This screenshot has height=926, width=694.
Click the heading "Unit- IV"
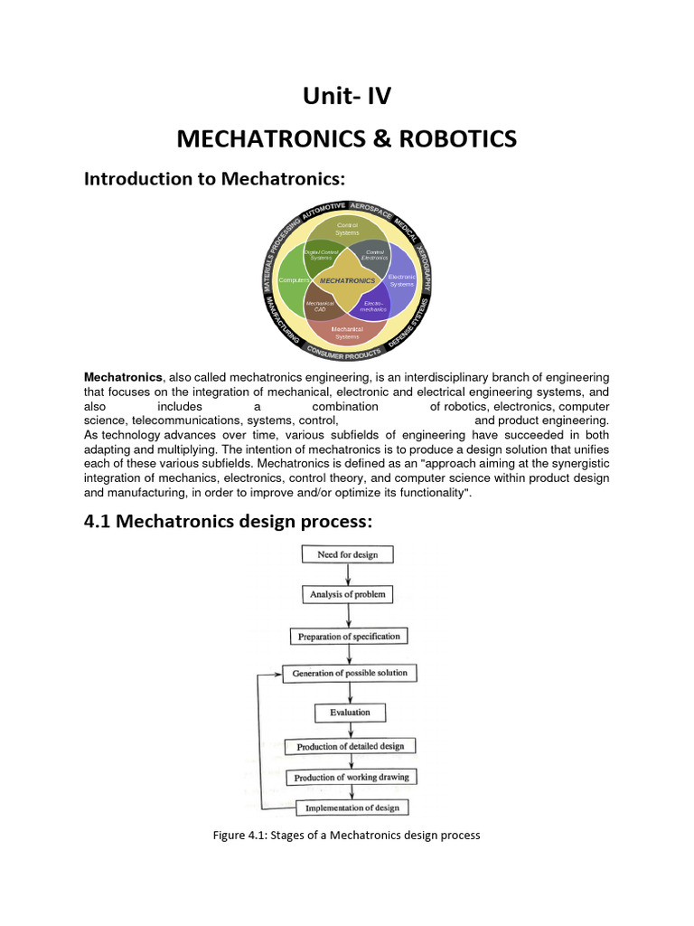pos(346,96)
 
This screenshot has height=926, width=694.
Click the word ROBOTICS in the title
pos(453,138)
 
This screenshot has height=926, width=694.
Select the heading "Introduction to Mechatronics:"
pos(215,179)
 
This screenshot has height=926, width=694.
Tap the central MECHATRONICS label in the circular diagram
pos(347,281)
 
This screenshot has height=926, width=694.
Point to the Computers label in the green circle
pos(295,281)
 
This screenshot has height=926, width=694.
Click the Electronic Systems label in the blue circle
pos(401,279)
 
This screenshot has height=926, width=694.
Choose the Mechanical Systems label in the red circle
pos(347,332)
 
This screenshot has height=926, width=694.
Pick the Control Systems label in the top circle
pos(347,228)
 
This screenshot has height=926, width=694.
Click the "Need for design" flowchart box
pos(349,554)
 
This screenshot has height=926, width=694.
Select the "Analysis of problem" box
pos(348,594)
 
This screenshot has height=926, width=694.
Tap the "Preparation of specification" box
pos(349,636)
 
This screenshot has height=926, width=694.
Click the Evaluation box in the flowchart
pos(350,713)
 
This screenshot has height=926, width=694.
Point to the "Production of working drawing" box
pos(352,777)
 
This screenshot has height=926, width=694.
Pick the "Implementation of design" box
pos(352,808)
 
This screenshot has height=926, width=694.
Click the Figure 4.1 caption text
pos(346,836)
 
